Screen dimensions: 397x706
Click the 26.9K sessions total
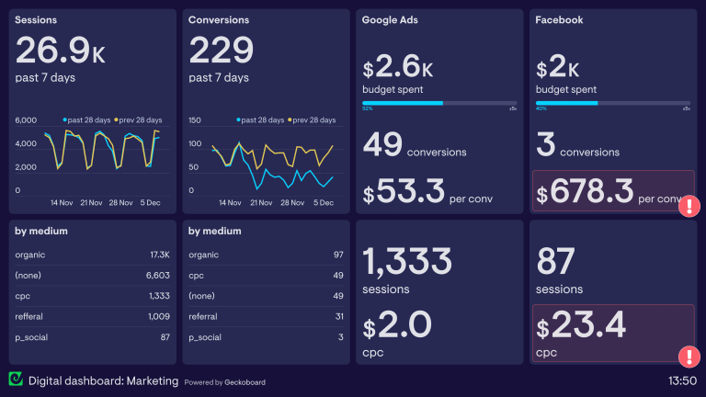61,50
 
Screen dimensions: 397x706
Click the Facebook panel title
559,19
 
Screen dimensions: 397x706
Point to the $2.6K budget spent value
398,68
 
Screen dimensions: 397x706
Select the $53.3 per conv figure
405,194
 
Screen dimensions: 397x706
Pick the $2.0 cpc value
397,325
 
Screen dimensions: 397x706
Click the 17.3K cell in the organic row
158,254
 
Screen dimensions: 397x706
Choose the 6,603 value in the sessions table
158,275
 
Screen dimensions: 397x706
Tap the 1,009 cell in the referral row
158,316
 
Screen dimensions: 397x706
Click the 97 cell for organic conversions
337,254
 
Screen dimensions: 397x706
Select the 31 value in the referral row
337,316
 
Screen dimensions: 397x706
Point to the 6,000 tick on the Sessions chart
26,120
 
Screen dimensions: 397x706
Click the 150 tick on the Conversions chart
195,120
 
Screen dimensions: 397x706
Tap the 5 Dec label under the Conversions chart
323,202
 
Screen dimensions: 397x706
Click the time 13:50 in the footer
681,380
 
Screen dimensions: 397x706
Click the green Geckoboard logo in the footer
16,380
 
